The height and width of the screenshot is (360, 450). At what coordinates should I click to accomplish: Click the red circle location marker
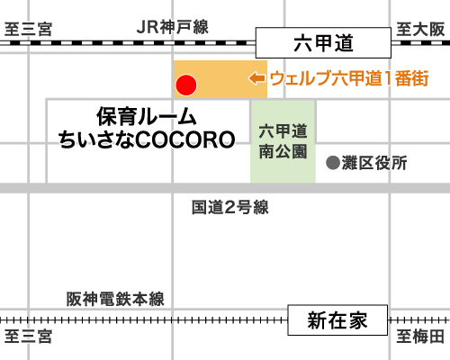click(x=186, y=85)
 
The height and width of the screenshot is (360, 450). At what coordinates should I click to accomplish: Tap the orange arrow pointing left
click(x=256, y=78)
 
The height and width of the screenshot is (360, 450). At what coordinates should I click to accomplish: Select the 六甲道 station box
click(x=323, y=42)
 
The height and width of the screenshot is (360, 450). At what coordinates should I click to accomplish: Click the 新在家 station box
click(x=337, y=320)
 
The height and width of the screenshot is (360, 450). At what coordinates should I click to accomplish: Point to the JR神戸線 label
click(x=173, y=27)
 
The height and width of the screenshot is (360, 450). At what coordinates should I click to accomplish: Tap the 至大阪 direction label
click(x=420, y=30)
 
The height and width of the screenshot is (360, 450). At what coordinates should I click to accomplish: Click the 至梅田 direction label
click(x=420, y=337)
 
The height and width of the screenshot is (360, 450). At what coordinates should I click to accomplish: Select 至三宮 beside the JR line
click(x=29, y=30)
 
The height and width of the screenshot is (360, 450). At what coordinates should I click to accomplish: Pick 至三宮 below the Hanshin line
click(x=29, y=337)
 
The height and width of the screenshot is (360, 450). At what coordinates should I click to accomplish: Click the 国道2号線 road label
click(x=230, y=207)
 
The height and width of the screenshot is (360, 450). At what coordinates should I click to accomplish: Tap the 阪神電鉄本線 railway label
click(x=115, y=299)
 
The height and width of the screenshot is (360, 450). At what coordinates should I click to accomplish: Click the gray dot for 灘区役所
click(x=333, y=163)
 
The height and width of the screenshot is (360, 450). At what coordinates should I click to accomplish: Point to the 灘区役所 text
click(x=374, y=163)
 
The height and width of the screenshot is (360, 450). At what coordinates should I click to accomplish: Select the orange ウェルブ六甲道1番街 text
click(x=349, y=78)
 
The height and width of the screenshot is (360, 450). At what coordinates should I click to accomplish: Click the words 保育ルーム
click(x=147, y=117)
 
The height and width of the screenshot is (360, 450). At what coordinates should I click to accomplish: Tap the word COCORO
click(x=185, y=139)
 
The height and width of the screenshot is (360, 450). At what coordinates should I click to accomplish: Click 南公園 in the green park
click(x=283, y=151)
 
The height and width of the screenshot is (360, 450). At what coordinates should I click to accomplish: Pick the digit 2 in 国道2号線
click(x=229, y=208)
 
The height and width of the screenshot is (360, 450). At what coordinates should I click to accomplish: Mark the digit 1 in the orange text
click(x=388, y=78)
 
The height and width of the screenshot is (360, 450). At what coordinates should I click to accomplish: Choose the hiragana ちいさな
click(x=96, y=139)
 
